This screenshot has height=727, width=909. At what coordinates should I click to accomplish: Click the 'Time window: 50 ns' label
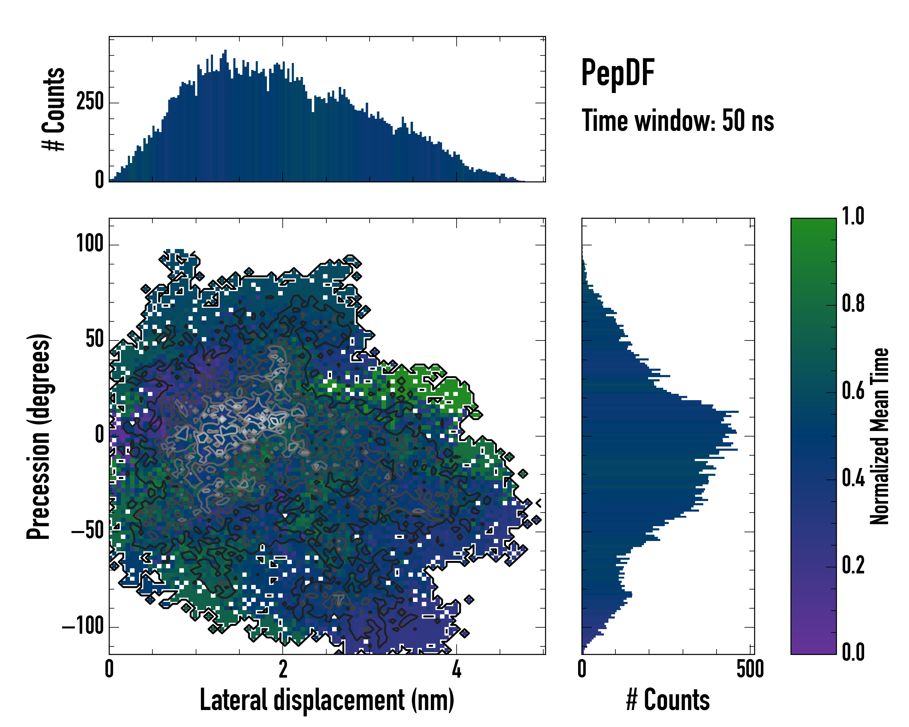[x=678, y=121]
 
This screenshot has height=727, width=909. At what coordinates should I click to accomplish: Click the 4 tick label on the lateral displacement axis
[x=457, y=669]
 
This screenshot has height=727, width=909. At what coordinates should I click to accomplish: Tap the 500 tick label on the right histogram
[x=750, y=669]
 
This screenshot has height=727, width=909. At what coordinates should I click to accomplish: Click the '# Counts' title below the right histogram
[x=668, y=700]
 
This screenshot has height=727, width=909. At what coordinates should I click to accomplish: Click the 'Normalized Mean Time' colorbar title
[x=880, y=436]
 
